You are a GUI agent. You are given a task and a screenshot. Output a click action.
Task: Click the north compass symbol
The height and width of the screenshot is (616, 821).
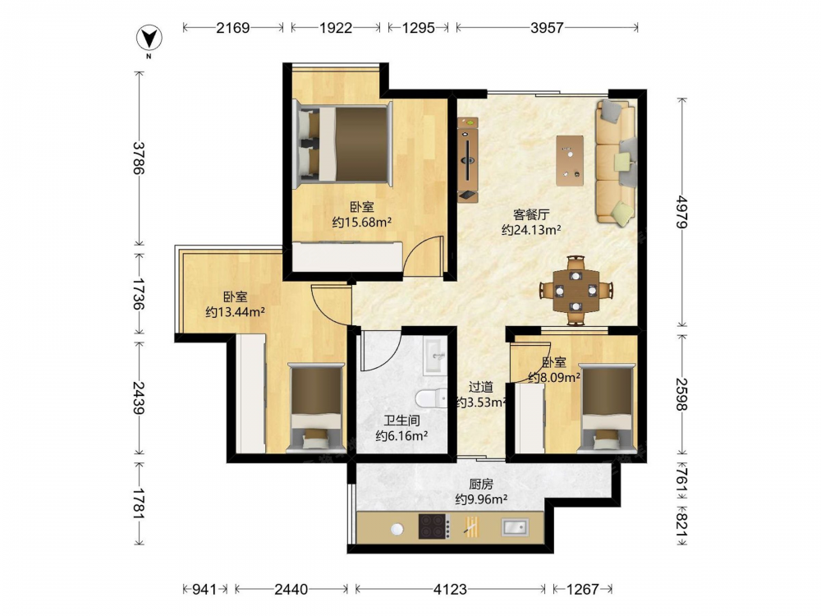149,39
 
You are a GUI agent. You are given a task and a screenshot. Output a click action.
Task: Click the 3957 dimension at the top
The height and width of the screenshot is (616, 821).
547,27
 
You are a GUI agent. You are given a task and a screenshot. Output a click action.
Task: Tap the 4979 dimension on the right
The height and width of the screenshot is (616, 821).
681,211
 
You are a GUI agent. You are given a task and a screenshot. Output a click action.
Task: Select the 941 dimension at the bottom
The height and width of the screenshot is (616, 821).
204,589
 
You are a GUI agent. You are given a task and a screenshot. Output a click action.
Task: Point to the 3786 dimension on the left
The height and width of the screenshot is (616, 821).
139,159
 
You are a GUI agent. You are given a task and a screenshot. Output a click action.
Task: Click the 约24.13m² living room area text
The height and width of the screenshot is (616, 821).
531,229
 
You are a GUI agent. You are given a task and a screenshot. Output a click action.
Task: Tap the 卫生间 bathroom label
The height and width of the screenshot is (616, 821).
401,420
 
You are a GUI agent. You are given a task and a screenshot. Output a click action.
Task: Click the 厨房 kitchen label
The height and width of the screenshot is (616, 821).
480,484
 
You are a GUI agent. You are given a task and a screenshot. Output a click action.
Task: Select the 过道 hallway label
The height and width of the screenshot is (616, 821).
480,387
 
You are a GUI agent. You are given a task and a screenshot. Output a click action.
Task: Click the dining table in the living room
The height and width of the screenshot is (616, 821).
576,290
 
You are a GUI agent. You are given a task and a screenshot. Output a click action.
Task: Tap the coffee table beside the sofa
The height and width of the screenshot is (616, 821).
570,161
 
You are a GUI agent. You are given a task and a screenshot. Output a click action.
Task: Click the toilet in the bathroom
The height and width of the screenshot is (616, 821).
431,399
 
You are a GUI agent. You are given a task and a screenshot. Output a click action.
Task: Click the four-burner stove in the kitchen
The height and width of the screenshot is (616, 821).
434,526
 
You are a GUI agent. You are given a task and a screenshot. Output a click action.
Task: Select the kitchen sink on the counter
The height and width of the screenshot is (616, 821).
516,527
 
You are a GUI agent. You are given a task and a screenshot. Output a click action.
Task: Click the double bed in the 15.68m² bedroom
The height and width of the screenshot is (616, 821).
343,144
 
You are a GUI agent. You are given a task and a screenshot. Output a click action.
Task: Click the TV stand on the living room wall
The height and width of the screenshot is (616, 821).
468,160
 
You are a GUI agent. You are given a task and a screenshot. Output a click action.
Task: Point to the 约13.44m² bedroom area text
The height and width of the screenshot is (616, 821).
235,312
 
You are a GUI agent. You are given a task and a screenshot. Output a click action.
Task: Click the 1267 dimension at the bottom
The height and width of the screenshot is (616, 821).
582,589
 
